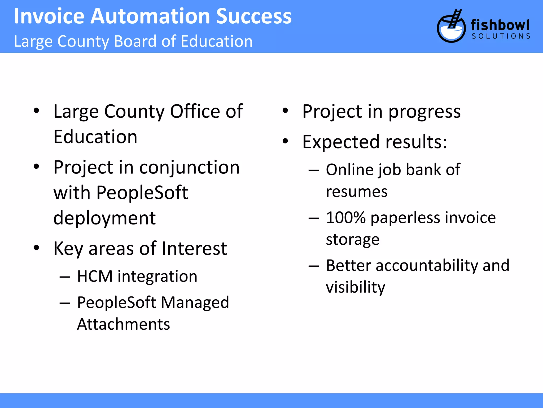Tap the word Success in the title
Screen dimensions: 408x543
(x=254, y=16)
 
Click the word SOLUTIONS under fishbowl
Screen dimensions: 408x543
(x=501, y=36)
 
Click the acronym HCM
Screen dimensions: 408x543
(x=95, y=277)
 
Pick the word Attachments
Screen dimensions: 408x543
(x=123, y=324)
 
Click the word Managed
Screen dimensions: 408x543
(x=195, y=303)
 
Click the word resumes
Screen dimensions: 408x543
(x=357, y=192)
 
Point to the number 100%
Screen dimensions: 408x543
(x=346, y=218)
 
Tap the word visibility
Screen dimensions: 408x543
(x=355, y=287)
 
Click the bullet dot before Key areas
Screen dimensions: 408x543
(x=36, y=248)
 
